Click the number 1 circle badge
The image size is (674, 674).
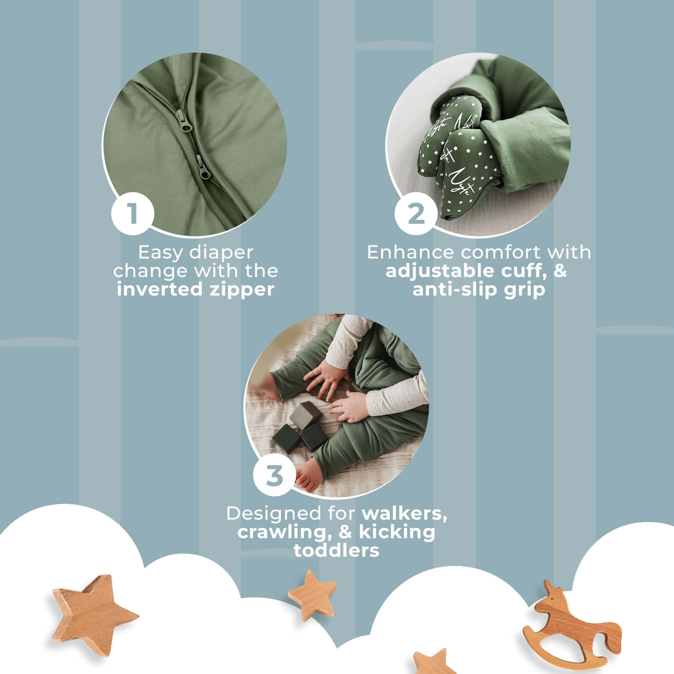tap(132, 214)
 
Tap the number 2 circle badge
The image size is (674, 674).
tap(416, 214)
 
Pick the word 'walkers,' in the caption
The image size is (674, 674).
tap(404, 514)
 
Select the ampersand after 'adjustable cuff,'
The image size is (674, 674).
tap(560, 271)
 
